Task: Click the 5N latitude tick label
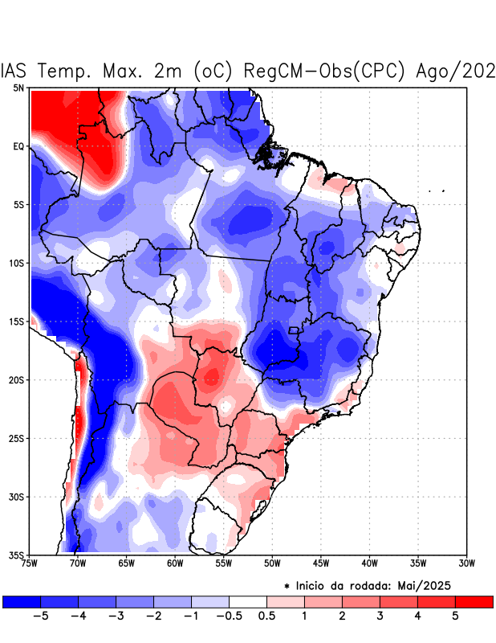[18, 88]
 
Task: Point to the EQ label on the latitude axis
[18, 146]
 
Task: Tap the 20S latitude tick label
[16, 380]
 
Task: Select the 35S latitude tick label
[16, 555]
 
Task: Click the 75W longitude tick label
[30, 563]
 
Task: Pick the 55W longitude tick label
[224, 563]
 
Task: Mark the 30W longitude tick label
[467, 563]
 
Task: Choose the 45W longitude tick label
[321, 563]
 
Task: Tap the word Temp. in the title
[68, 71]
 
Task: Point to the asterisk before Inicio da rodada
[287, 588]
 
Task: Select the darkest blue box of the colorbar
[22, 601]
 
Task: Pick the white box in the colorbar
[247, 601]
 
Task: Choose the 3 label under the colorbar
[380, 616]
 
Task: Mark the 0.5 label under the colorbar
[266, 616]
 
